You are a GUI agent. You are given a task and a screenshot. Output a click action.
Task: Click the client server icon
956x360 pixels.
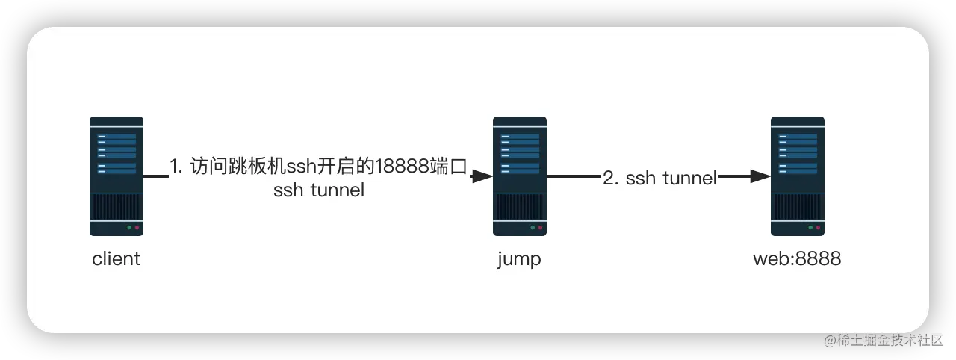[x=117, y=176]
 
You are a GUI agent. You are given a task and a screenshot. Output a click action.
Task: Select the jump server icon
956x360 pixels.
[x=520, y=176]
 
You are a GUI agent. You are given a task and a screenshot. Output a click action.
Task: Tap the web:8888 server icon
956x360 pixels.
[x=798, y=176]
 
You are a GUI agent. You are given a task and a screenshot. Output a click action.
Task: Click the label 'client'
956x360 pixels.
[x=117, y=260]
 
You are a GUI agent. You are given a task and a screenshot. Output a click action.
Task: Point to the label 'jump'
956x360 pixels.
[x=519, y=260]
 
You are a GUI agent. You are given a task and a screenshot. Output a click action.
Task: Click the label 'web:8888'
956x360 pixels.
[x=798, y=260]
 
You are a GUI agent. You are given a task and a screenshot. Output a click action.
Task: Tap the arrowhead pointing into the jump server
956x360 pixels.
[x=482, y=177]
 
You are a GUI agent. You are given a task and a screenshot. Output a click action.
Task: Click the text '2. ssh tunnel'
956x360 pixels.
[x=660, y=178]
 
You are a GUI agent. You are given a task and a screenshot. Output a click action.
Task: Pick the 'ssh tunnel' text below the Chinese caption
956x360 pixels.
[x=319, y=190]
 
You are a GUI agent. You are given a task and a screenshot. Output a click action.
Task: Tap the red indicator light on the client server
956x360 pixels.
[x=137, y=227]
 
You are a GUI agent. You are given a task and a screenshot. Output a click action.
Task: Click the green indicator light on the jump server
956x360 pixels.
[x=533, y=227]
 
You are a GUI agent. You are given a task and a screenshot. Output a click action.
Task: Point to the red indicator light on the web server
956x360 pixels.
[x=818, y=227]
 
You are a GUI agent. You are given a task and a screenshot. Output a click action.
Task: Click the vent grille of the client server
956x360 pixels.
[x=117, y=205]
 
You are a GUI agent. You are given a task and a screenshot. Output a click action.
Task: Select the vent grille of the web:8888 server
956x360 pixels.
[x=798, y=205]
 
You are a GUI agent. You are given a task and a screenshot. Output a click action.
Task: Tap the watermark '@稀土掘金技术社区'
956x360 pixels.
[x=883, y=339]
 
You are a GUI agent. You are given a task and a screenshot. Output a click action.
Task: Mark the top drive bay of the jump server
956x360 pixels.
[x=520, y=138]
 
